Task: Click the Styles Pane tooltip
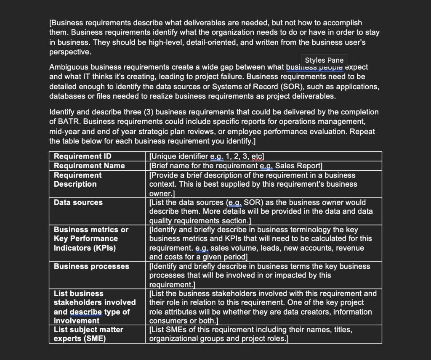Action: pyautogui.click(x=324, y=60)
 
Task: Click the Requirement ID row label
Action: pyautogui.click(x=82, y=156)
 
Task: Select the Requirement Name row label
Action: pyautogui.click(x=89, y=166)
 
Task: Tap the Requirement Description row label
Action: pyautogui.click(x=78, y=180)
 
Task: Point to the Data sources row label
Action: pyautogui.click(x=78, y=202)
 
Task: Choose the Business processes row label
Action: pyautogui.click(x=91, y=266)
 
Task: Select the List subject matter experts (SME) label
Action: pyautogui.click(x=88, y=334)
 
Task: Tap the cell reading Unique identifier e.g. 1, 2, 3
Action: pyautogui.click(x=206, y=156)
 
